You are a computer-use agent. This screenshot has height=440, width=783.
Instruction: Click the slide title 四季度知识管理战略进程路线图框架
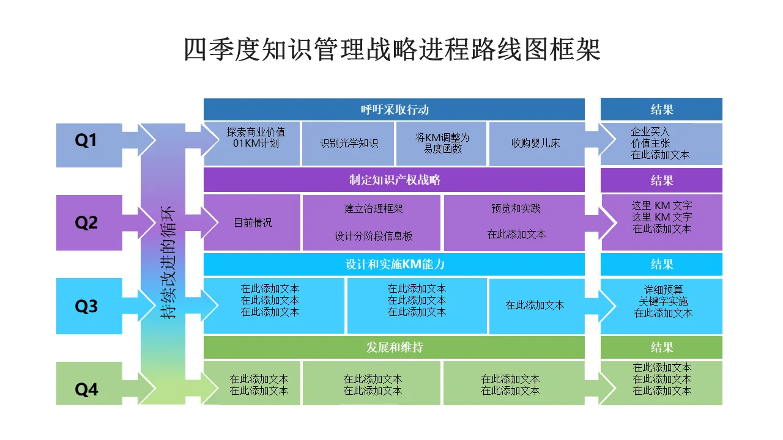(x=392, y=50)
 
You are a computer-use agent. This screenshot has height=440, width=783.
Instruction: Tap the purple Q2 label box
(x=86, y=222)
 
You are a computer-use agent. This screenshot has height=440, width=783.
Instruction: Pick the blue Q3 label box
(x=86, y=306)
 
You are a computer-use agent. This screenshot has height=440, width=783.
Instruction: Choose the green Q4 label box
(x=86, y=389)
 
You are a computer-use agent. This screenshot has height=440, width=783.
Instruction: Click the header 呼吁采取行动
(x=394, y=109)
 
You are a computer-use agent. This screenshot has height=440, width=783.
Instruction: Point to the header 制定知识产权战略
(x=394, y=180)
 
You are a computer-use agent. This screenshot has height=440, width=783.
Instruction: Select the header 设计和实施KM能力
(x=394, y=264)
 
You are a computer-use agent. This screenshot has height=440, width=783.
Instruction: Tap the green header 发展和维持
(x=394, y=347)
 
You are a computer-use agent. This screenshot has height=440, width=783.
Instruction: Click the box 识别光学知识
(x=349, y=144)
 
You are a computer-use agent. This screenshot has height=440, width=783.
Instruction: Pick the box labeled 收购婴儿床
(x=535, y=144)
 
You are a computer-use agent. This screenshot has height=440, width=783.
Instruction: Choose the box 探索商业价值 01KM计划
(x=255, y=138)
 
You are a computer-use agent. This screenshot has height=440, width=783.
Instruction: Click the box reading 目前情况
(x=253, y=222)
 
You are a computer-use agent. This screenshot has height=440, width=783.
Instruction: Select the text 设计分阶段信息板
(x=373, y=237)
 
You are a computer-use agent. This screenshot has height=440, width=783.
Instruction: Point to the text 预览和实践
(x=516, y=208)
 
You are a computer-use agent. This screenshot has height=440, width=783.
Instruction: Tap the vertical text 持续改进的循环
(x=168, y=263)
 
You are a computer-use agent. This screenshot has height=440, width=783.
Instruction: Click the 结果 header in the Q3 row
(x=661, y=264)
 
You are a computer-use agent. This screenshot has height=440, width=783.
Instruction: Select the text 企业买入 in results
(x=650, y=131)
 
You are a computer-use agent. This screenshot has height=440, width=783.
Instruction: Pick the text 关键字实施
(x=663, y=301)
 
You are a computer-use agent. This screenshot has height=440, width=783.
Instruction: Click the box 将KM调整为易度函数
(x=442, y=143)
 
